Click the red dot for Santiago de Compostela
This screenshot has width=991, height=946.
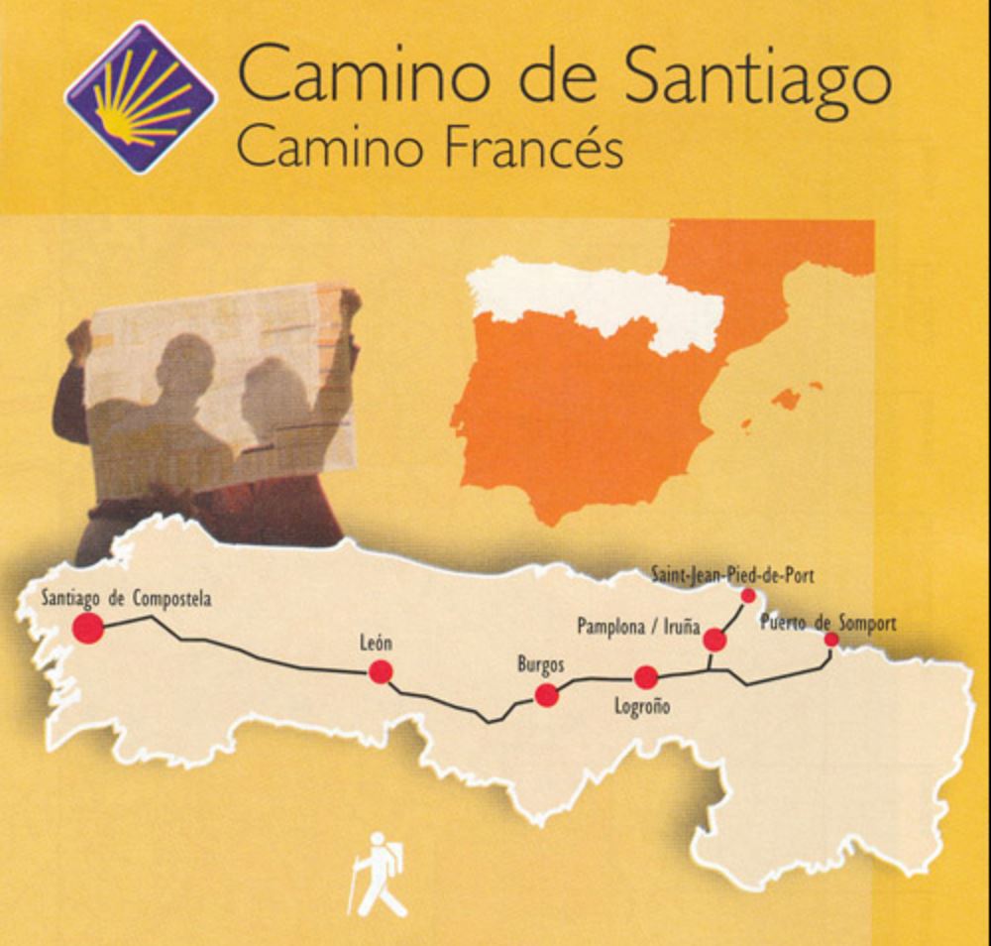click(88, 628)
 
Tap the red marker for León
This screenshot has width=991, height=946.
click(381, 672)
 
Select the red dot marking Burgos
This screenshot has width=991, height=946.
click(546, 695)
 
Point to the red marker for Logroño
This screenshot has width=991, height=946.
click(646, 677)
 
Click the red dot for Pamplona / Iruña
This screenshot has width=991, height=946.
click(715, 640)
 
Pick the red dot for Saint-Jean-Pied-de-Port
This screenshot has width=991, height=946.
click(748, 595)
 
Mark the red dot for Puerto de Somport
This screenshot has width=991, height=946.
click(831, 640)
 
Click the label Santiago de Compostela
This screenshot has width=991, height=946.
click(126, 599)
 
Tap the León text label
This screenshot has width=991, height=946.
click(376, 644)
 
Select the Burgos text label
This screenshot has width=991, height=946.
click(541, 664)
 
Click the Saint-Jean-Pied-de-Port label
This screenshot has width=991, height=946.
click(733, 574)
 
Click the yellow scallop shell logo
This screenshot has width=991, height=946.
click(141, 97)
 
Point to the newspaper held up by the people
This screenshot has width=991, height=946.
click(223, 387)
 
